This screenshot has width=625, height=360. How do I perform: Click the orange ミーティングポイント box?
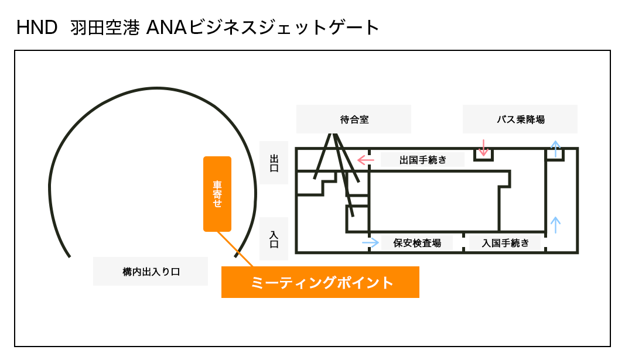coord(320,282)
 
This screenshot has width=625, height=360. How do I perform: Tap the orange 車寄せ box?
coord(217,194)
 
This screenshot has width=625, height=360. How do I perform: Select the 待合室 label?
coord(354,119)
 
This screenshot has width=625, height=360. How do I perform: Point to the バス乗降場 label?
coord(520,119)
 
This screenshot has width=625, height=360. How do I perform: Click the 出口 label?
coord(274,163)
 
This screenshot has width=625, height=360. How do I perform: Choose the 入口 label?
coord(274,239)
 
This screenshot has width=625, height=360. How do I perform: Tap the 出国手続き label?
coord(423,159)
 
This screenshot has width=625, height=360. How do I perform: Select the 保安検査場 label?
coord(417,243)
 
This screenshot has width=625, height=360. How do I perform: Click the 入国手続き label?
coord(506,243)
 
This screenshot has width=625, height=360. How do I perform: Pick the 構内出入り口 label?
coord(151,272)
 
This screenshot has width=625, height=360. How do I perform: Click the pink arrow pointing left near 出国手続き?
coord(366,159)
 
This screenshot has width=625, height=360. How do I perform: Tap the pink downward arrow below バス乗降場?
coord(483,147)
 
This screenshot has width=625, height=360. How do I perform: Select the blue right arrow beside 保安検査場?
coord(370,242)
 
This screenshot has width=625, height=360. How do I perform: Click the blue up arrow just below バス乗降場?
coord(555,146)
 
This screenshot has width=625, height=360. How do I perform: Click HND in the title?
coord(36,28)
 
